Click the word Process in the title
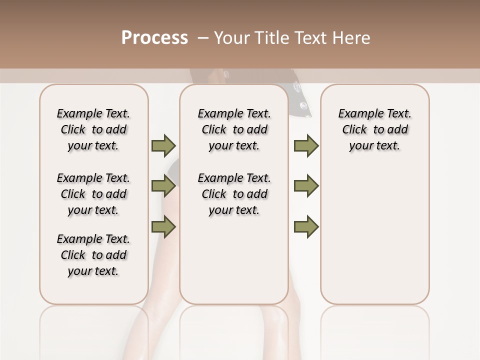[x=154, y=38]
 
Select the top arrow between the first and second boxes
[x=163, y=145]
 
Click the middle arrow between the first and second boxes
[x=163, y=186]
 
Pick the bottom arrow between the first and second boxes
[x=163, y=227]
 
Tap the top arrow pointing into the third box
[x=306, y=145]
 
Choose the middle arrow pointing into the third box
[x=306, y=186]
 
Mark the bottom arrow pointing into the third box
[x=306, y=227]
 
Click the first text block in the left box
[x=93, y=129]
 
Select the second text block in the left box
[x=93, y=194]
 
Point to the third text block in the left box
[x=93, y=255]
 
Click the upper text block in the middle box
[x=234, y=129]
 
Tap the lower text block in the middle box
[x=234, y=194]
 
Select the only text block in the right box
[x=374, y=129]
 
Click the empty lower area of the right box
[x=374, y=235]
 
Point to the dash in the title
[x=203, y=38]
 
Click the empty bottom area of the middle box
[x=234, y=265]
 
